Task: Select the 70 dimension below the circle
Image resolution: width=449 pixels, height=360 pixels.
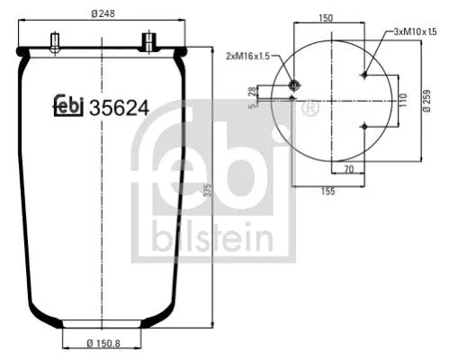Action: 346,167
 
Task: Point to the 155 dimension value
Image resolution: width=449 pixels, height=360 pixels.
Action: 328,190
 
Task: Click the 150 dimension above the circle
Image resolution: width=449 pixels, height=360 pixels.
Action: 326,17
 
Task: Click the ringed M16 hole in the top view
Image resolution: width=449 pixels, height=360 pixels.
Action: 293,85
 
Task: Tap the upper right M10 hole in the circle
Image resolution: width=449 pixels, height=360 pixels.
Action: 364,76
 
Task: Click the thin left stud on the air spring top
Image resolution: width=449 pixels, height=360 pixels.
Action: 56,41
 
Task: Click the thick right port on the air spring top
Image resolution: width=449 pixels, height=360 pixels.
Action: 148,41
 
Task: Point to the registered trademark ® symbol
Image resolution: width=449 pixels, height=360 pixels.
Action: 310,109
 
